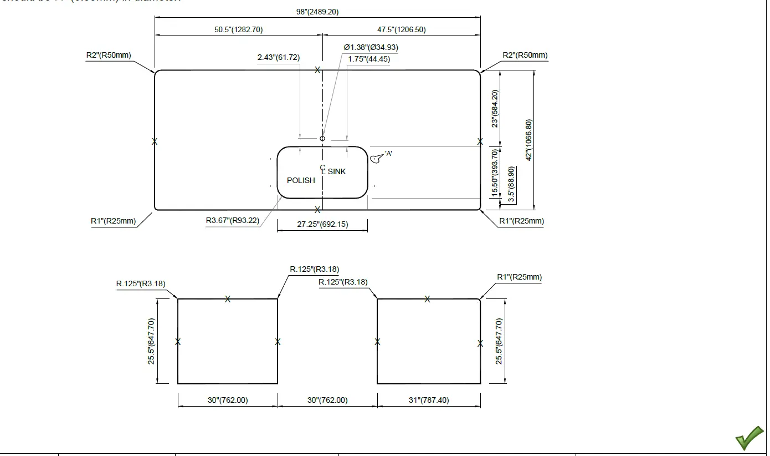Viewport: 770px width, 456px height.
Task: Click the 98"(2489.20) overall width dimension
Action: (317, 12)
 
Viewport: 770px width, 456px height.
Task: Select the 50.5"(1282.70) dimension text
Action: (239, 29)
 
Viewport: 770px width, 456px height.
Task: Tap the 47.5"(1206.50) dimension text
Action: (402, 29)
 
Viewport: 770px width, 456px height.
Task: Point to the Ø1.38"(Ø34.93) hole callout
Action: (371, 47)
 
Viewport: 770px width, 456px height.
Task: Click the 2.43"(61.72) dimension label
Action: (278, 57)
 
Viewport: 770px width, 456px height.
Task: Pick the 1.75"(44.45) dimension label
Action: (369, 59)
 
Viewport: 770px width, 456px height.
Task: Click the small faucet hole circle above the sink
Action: (322, 138)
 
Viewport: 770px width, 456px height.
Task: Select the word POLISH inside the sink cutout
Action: (301, 180)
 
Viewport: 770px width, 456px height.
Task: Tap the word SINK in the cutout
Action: (337, 171)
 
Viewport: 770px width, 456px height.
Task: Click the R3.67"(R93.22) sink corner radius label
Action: (233, 220)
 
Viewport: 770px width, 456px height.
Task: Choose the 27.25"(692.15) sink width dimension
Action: (322, 224)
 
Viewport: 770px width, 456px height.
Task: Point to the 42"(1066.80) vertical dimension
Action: (529, 140)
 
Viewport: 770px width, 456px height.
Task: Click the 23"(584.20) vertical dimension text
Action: (495, 109)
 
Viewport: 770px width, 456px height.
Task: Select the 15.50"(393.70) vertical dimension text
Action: (495, 173)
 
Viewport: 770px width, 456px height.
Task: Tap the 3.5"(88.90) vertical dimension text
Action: (511, 184)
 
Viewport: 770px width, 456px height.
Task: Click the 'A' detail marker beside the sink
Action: (388, 154)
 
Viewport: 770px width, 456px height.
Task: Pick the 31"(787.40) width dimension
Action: (429, 400)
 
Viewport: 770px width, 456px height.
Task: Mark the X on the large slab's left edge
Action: (155, 141)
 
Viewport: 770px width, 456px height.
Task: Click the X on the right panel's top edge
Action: (427, 299)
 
